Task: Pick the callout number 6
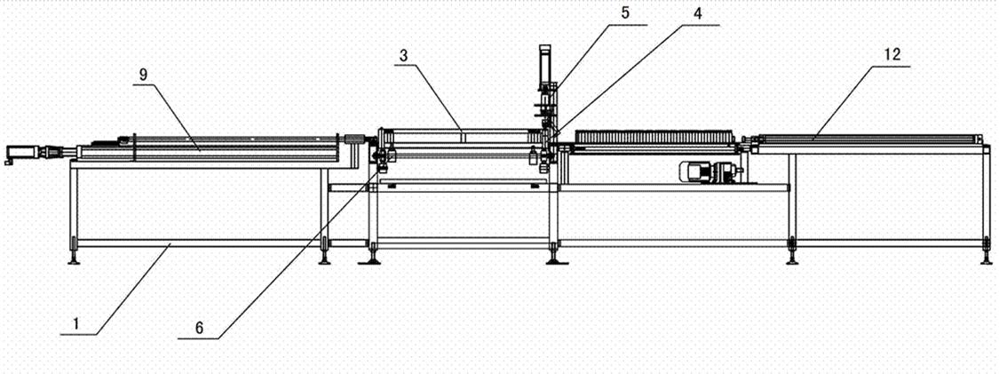click(200, 327)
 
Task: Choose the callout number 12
click(891, 54)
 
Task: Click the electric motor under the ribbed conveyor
click(705, 172)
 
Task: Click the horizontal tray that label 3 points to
click(462, 135)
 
